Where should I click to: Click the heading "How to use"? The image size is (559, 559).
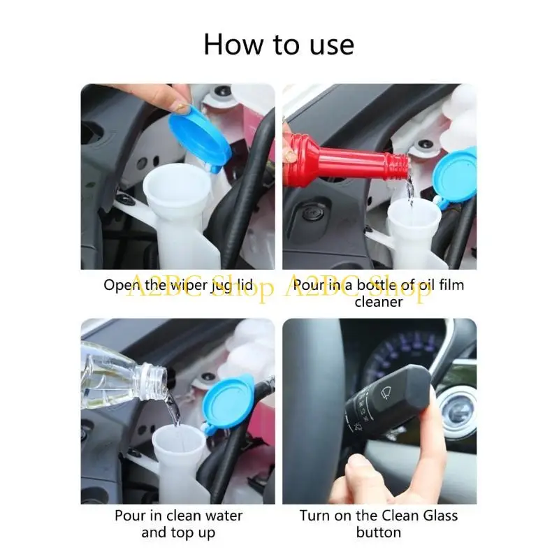pyautogui.click(x=279, y=45)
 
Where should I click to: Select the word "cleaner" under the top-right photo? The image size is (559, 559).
pyautogui.click(x=378, y=302)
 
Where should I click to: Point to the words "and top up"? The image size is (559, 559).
pyautogui.click(x=179, y=532)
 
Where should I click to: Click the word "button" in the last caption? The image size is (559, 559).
pyautogui.click(x=378, y=532)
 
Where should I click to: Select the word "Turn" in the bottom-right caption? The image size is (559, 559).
pyautogui.click(x=314, y=516)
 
